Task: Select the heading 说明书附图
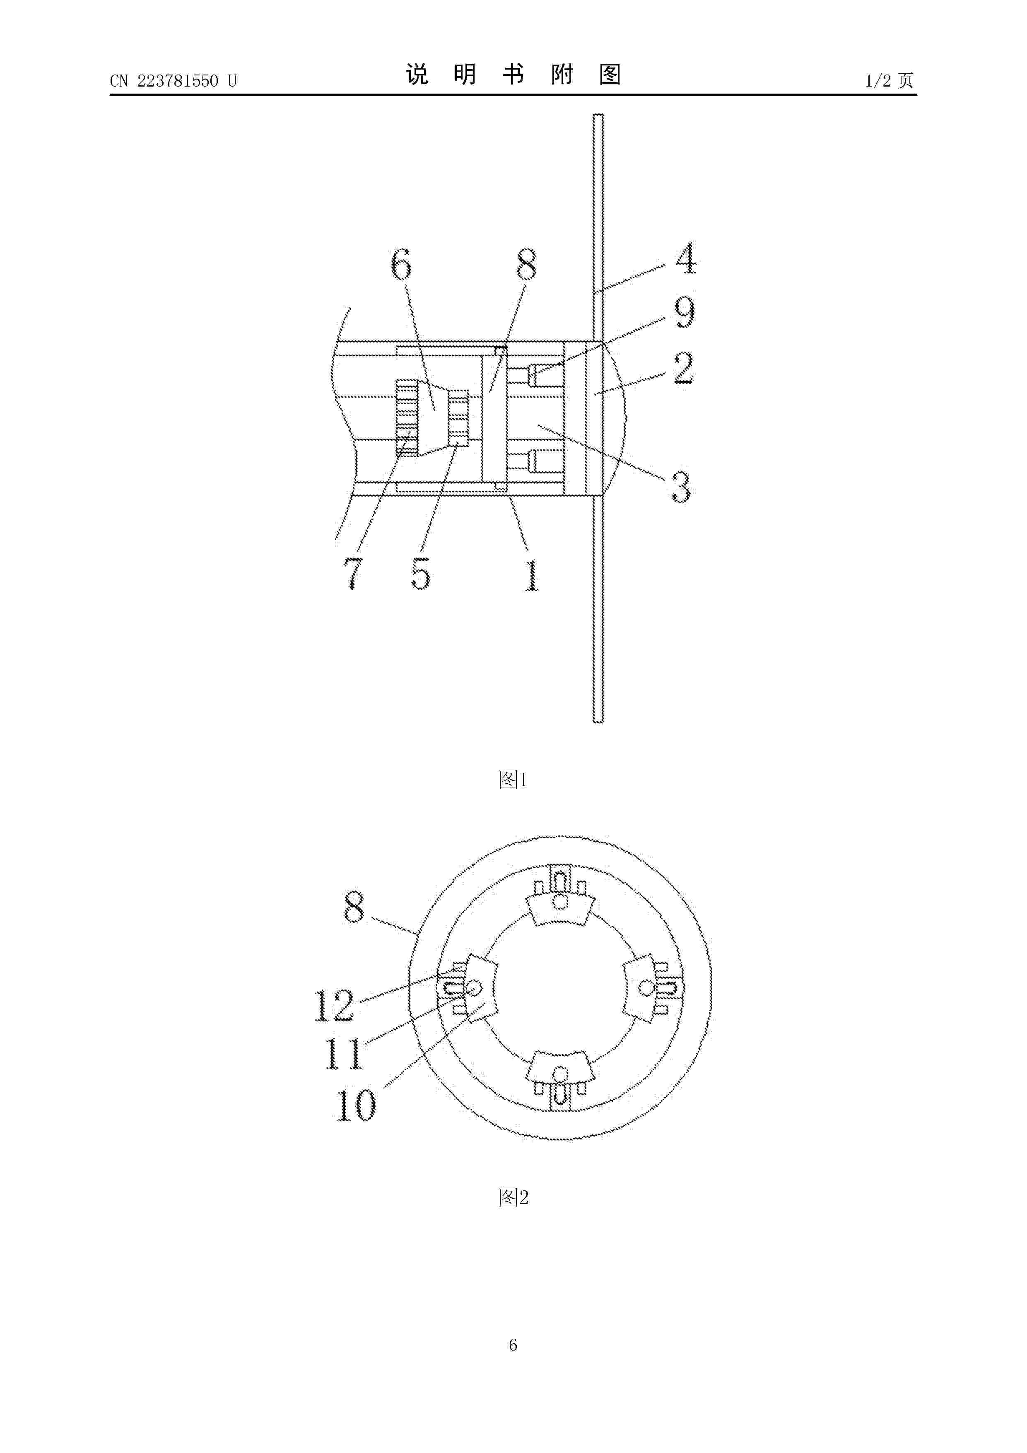(x=513, y=75)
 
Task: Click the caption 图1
(x=513, y=779)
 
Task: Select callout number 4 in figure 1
(x=685, y=258)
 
